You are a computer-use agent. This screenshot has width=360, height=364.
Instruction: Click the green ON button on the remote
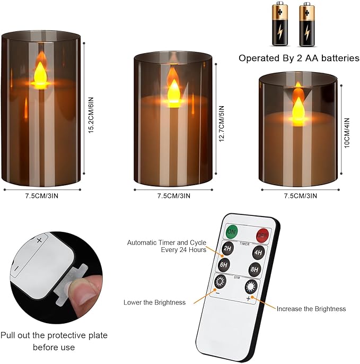[x=232, y=231]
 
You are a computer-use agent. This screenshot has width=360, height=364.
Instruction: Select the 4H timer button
[x=258, y=253]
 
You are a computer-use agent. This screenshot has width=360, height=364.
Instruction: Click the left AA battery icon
[x=279, y=24]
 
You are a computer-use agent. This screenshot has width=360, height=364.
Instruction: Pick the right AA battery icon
[x=305, y=24]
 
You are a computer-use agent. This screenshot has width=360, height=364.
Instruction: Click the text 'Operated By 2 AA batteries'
[x=298, y=58]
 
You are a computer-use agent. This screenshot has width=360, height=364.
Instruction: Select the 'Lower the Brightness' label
[x=154, y=302]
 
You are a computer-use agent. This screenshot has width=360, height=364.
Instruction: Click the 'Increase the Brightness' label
[x=311, y=308]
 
